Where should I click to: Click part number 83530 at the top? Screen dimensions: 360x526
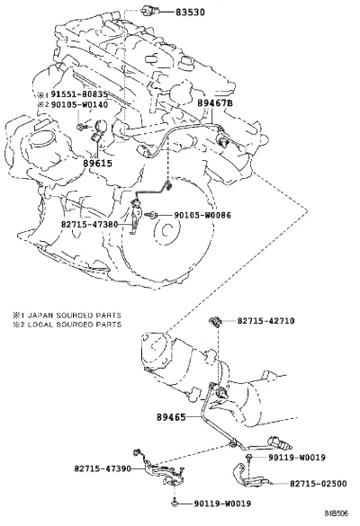(x=190, y=13)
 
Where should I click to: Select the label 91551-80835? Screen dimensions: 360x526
(x=79, y=94)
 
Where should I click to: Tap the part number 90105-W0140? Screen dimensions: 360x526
(x=79, y=104)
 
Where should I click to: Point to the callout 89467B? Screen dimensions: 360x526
(x=214, y=103)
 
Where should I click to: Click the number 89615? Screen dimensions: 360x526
(x=98, y=164)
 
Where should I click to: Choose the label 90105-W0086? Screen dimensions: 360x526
(x=202, y=215)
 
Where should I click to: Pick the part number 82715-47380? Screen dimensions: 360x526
(x=89, y=224)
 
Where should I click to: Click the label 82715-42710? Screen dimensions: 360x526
(x=266, y=321)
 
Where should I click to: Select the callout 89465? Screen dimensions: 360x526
(x=171, y=417)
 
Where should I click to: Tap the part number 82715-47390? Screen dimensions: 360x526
(x=103, y=468)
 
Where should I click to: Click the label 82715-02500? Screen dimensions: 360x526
(x=319, y=484)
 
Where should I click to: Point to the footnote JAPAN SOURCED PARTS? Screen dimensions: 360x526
(x=74, y=316)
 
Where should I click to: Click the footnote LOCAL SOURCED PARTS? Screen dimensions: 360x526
(x=74, y=325)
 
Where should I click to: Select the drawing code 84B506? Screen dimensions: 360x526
(x=337, y=513)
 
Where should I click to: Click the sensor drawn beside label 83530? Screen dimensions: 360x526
(x=148, y=11)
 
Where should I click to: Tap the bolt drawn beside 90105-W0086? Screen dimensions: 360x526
(x=151, y=215)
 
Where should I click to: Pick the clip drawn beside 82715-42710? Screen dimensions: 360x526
(x=215, y=321)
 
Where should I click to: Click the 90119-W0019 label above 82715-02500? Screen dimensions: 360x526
(x=297, y=458)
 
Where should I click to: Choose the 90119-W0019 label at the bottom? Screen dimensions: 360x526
(x=222, y=504)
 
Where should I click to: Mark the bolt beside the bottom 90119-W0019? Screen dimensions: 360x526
(x=175, y=502)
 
